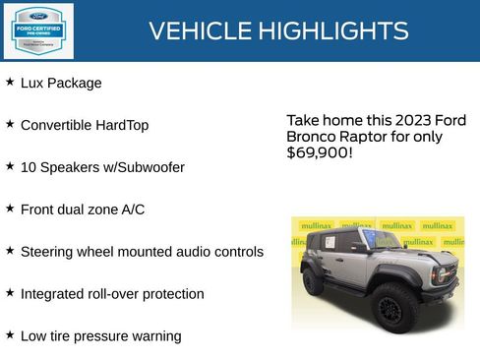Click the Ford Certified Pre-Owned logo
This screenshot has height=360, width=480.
click(x=37, y=30)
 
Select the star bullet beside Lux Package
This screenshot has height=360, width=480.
click(x=10, y=83)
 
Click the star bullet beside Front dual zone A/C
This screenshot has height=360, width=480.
click(x=10, y=209)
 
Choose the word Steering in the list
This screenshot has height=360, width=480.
click(x=48, y=252)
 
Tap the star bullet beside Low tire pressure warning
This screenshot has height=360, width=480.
click(x=10, y=334)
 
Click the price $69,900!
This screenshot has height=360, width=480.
click(x=320, y=153)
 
